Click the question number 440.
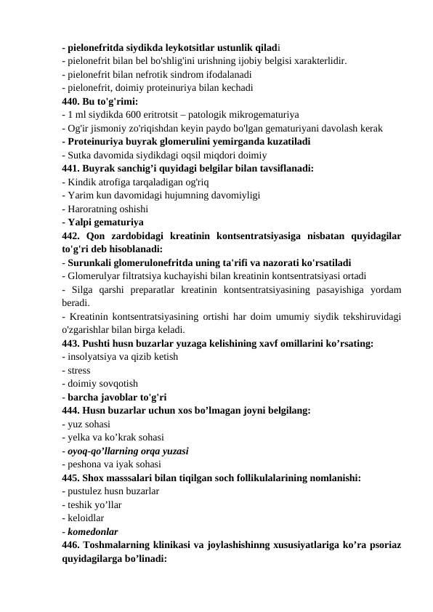71,102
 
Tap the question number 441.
71,168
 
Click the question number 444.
71,411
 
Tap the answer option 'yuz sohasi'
89,424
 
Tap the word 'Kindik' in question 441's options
80,182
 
